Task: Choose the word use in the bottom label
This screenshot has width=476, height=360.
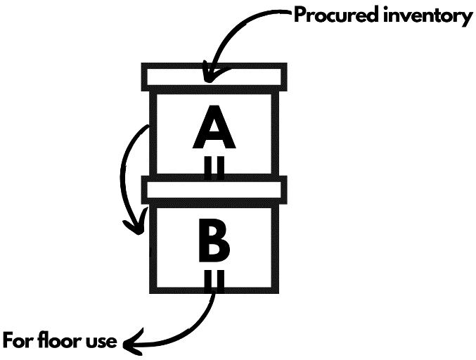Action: coord(101,342)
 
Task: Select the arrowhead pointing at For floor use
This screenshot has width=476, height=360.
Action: coord(131,343)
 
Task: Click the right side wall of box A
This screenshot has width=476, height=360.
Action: coord(275,134)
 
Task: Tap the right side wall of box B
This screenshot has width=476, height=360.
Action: coord(275,246)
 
